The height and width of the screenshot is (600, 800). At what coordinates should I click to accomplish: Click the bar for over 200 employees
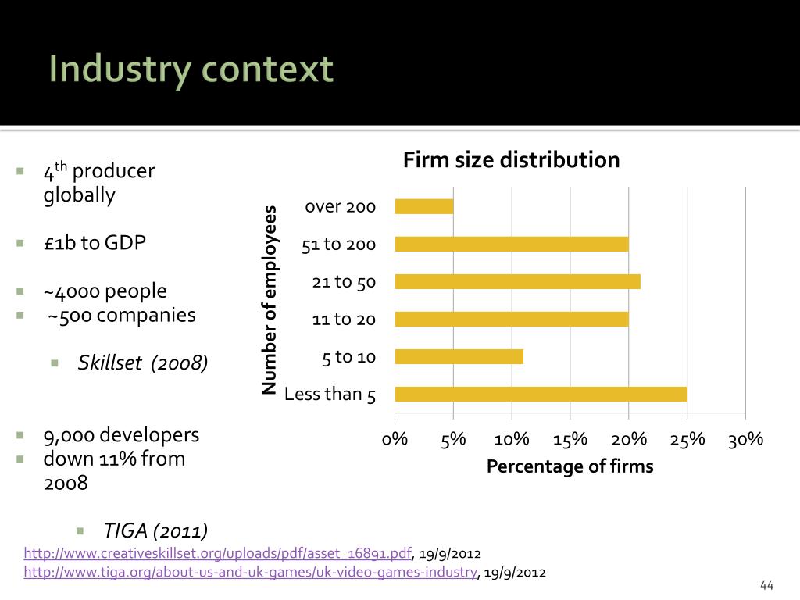click(x=424, y=206)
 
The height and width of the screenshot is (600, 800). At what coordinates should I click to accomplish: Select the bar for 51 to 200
click(x=512, y=244)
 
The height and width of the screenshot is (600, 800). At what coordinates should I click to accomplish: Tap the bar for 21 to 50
click(x=517, y=281)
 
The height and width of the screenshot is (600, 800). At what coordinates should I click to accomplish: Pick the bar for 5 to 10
click(x=459, y=356)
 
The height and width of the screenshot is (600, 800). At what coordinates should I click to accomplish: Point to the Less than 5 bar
click(x=541, y=394)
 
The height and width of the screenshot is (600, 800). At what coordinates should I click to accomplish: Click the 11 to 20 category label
click(x=344, y=319)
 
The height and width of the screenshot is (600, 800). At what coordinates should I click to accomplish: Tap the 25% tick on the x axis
click(x=687, y=439)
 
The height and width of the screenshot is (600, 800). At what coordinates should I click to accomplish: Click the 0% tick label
click(x=395, y=439)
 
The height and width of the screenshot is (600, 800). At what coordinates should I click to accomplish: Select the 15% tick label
click(x=570, y=439)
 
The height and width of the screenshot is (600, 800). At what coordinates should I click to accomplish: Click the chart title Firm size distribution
click(x=511, y=160)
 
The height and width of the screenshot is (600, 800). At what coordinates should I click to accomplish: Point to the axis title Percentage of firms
click(x=570, y=466)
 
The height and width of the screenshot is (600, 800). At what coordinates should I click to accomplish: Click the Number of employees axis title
click(x=270, y=300)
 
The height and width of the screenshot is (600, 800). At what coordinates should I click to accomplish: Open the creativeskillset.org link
click(x=218, y=554)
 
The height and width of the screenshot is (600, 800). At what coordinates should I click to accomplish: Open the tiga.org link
click(x=251, y=573)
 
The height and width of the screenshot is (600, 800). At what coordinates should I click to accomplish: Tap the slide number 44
click(x=766, y=586)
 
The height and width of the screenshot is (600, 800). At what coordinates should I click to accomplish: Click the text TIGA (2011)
click(x=156, y=531)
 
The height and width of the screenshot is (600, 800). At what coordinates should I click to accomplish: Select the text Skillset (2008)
click(x=143, y=362)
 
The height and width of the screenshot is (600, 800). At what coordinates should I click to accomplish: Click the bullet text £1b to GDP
click(x=95, y=243)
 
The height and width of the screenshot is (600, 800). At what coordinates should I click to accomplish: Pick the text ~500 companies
click(x=122, y=315)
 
